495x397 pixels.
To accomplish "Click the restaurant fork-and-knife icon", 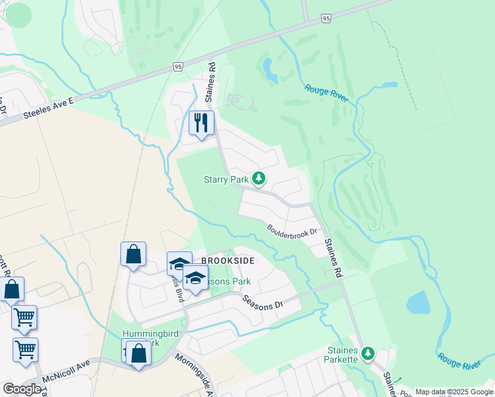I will (x=201, y=123).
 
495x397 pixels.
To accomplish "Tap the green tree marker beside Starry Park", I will (x=259, y=179).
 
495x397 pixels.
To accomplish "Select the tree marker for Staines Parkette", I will (x=369, y=354).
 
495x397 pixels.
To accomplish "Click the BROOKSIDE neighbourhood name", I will (x=228, y=261).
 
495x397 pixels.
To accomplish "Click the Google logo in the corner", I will (x=22, y=389).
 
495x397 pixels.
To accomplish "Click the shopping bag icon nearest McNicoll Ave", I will (x=139, y=353).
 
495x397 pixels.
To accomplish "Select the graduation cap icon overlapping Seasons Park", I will (x=195, y=279).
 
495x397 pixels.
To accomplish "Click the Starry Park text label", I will (x=226, y=179).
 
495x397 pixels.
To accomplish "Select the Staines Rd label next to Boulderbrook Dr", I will (x=334, y=258).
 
